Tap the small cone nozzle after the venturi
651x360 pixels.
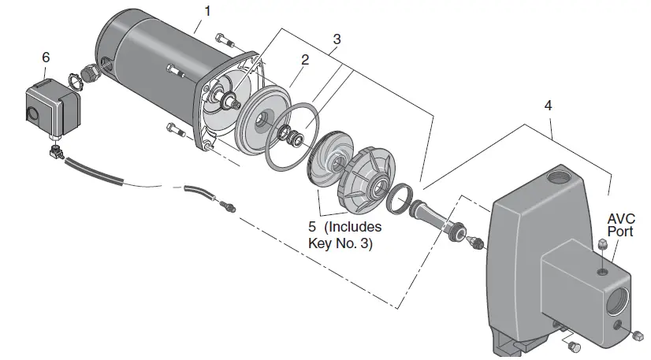[476, 241]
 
